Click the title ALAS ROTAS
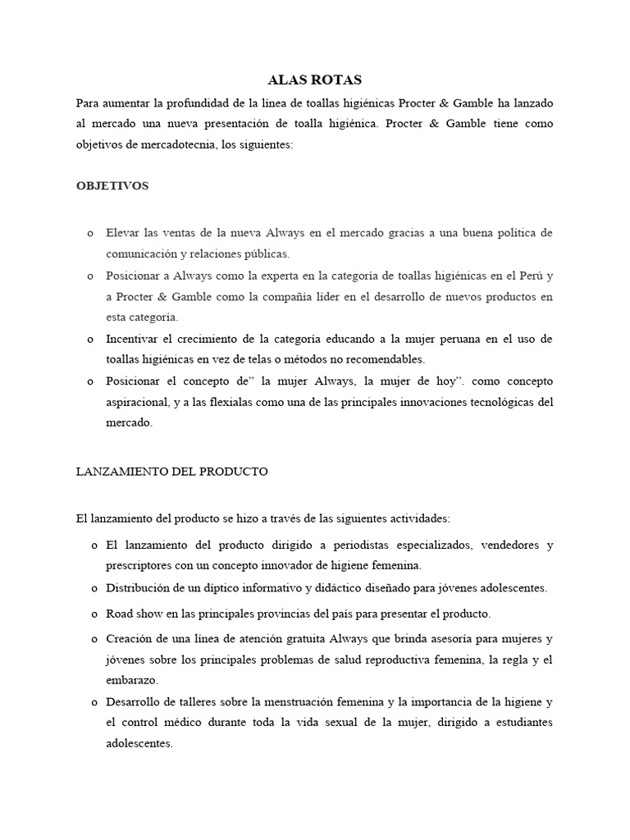click(x=314, y=80)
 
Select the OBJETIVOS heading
click(x=112, y=186)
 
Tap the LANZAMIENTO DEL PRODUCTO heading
click(x=171, y=472)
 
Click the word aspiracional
click(x=139, y=402)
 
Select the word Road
click(x=121, y=614)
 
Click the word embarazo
click(x=132, y=681)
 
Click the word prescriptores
click(x=139, y=566)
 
